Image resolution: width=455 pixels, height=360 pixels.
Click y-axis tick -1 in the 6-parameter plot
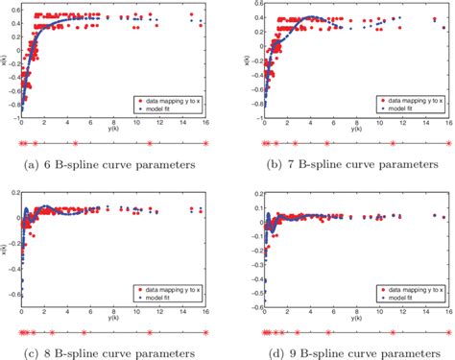point(16,116)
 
